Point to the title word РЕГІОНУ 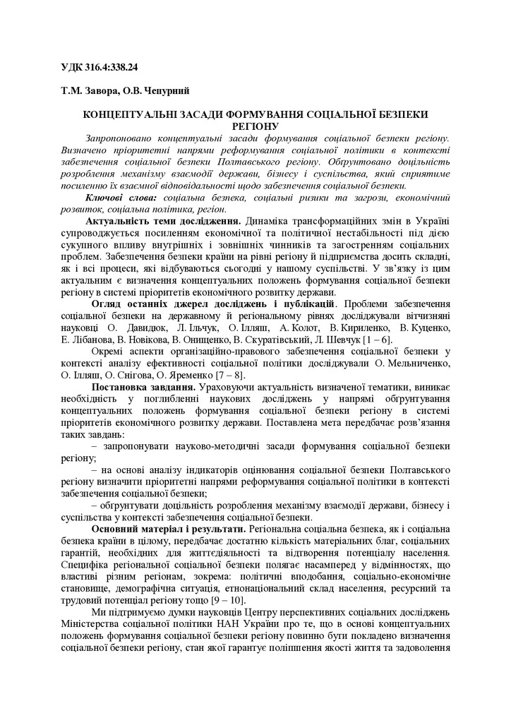[255, 125]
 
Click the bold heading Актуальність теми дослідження [164, 222]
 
